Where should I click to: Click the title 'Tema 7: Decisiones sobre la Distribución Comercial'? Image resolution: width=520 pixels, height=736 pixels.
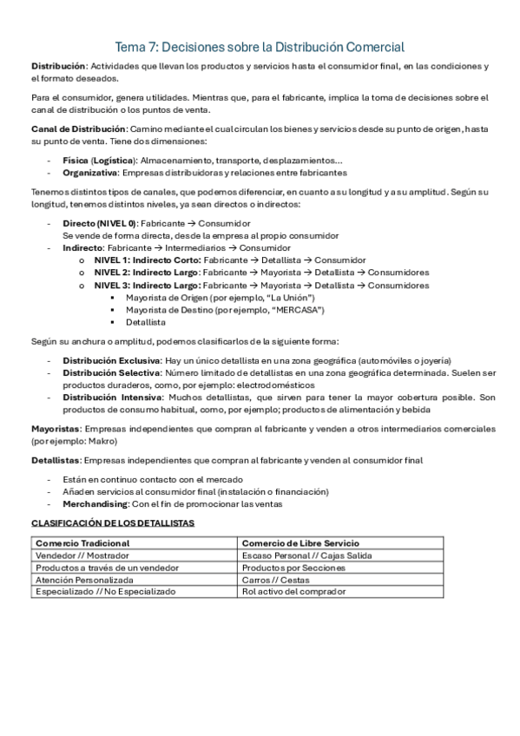tap(260, 47)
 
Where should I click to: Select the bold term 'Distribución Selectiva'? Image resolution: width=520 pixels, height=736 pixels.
tap(110, 372)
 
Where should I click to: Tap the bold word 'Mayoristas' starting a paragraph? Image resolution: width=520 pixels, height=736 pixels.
tap(56, 429)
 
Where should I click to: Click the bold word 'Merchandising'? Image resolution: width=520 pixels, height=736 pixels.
tap(95, 503)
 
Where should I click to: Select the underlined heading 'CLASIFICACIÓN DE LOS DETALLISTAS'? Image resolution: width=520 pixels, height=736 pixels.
tap(113, 523)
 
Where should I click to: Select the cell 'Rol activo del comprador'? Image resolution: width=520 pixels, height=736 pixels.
tap(294, 591)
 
